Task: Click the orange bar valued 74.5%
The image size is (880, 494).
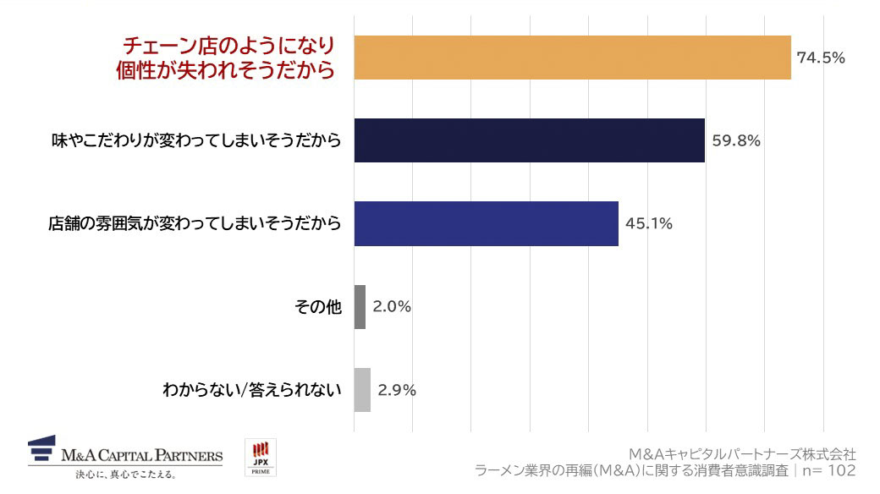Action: pos(572,58)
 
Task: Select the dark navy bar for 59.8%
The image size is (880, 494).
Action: pos(529,140)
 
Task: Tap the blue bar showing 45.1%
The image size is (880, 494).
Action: pos(486,223)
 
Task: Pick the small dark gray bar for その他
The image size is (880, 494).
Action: pos(360,307)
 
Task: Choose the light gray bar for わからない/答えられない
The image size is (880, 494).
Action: pos(362,390)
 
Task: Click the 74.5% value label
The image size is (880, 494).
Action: pos(821,58)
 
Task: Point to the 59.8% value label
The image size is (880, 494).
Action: pos(735,140)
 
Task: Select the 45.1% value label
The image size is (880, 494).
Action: pos(648,223)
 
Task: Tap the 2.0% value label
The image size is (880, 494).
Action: pos(392,307)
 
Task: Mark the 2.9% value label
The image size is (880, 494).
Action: pos(397,390)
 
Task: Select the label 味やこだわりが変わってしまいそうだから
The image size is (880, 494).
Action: pos(196,140)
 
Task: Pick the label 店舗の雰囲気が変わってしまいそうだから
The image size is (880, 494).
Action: pos(195,223)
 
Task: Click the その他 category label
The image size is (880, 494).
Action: pos(317,307)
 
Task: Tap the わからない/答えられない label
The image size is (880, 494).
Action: pos(251,390)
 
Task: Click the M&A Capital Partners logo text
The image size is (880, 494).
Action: pos(141,456)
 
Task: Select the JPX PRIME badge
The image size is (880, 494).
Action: pos(260,457)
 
